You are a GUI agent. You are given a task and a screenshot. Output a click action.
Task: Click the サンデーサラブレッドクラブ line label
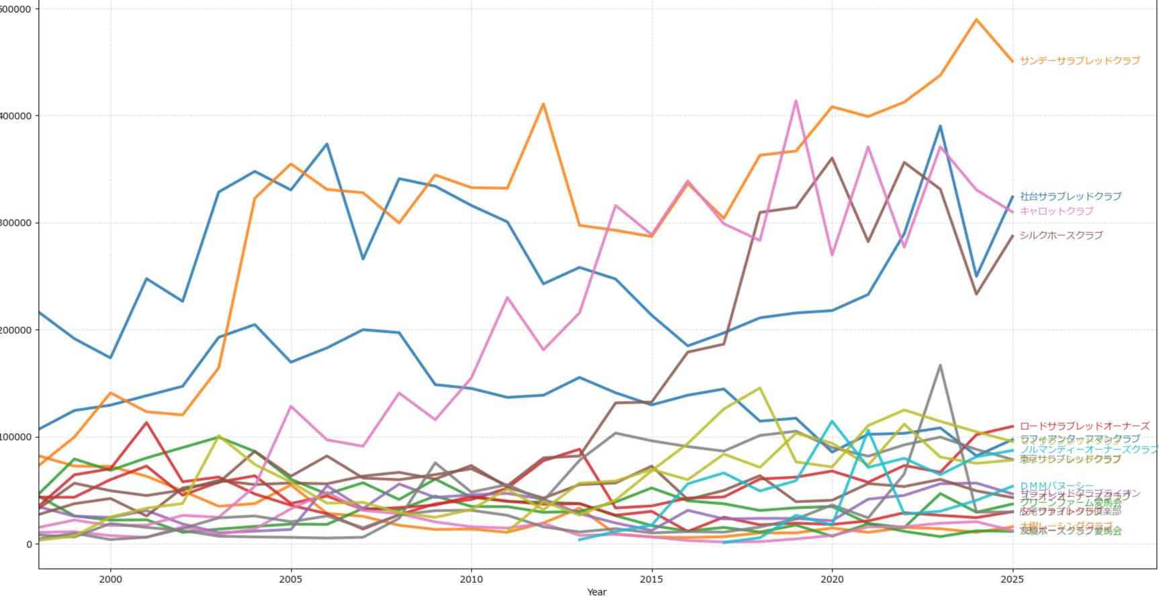pos(1079,60)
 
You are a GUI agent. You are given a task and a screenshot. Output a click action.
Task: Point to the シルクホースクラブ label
pos(1061,235)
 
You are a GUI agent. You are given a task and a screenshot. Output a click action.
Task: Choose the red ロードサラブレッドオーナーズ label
pos(1084,426)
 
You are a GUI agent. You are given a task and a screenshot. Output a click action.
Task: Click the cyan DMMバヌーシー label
pos(1056,485)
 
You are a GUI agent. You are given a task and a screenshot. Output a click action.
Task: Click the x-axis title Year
pos(597,592)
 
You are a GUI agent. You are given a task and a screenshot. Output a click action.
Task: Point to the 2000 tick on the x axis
pos(111,578)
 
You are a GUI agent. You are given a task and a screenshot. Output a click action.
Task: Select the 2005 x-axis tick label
pos(291,578)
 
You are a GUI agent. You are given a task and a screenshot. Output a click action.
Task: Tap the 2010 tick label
pos(471,578)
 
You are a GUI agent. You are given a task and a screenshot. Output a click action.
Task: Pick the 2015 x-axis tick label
pos(651,578)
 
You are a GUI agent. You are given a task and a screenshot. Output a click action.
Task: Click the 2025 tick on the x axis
pos(1012,578)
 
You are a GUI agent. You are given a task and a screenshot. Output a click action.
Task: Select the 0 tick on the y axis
pos(28,544)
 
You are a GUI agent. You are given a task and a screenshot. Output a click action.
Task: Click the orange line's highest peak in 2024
pos(976,19)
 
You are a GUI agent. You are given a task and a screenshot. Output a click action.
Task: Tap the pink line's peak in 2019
pos(796,101)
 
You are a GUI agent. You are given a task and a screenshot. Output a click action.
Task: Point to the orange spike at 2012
pos(543,104)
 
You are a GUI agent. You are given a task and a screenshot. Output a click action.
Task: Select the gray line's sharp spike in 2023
pos(940,365)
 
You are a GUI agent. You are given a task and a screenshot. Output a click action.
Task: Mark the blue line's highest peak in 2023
pos(940,126)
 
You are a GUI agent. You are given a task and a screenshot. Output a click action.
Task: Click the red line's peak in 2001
pos(146,422)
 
